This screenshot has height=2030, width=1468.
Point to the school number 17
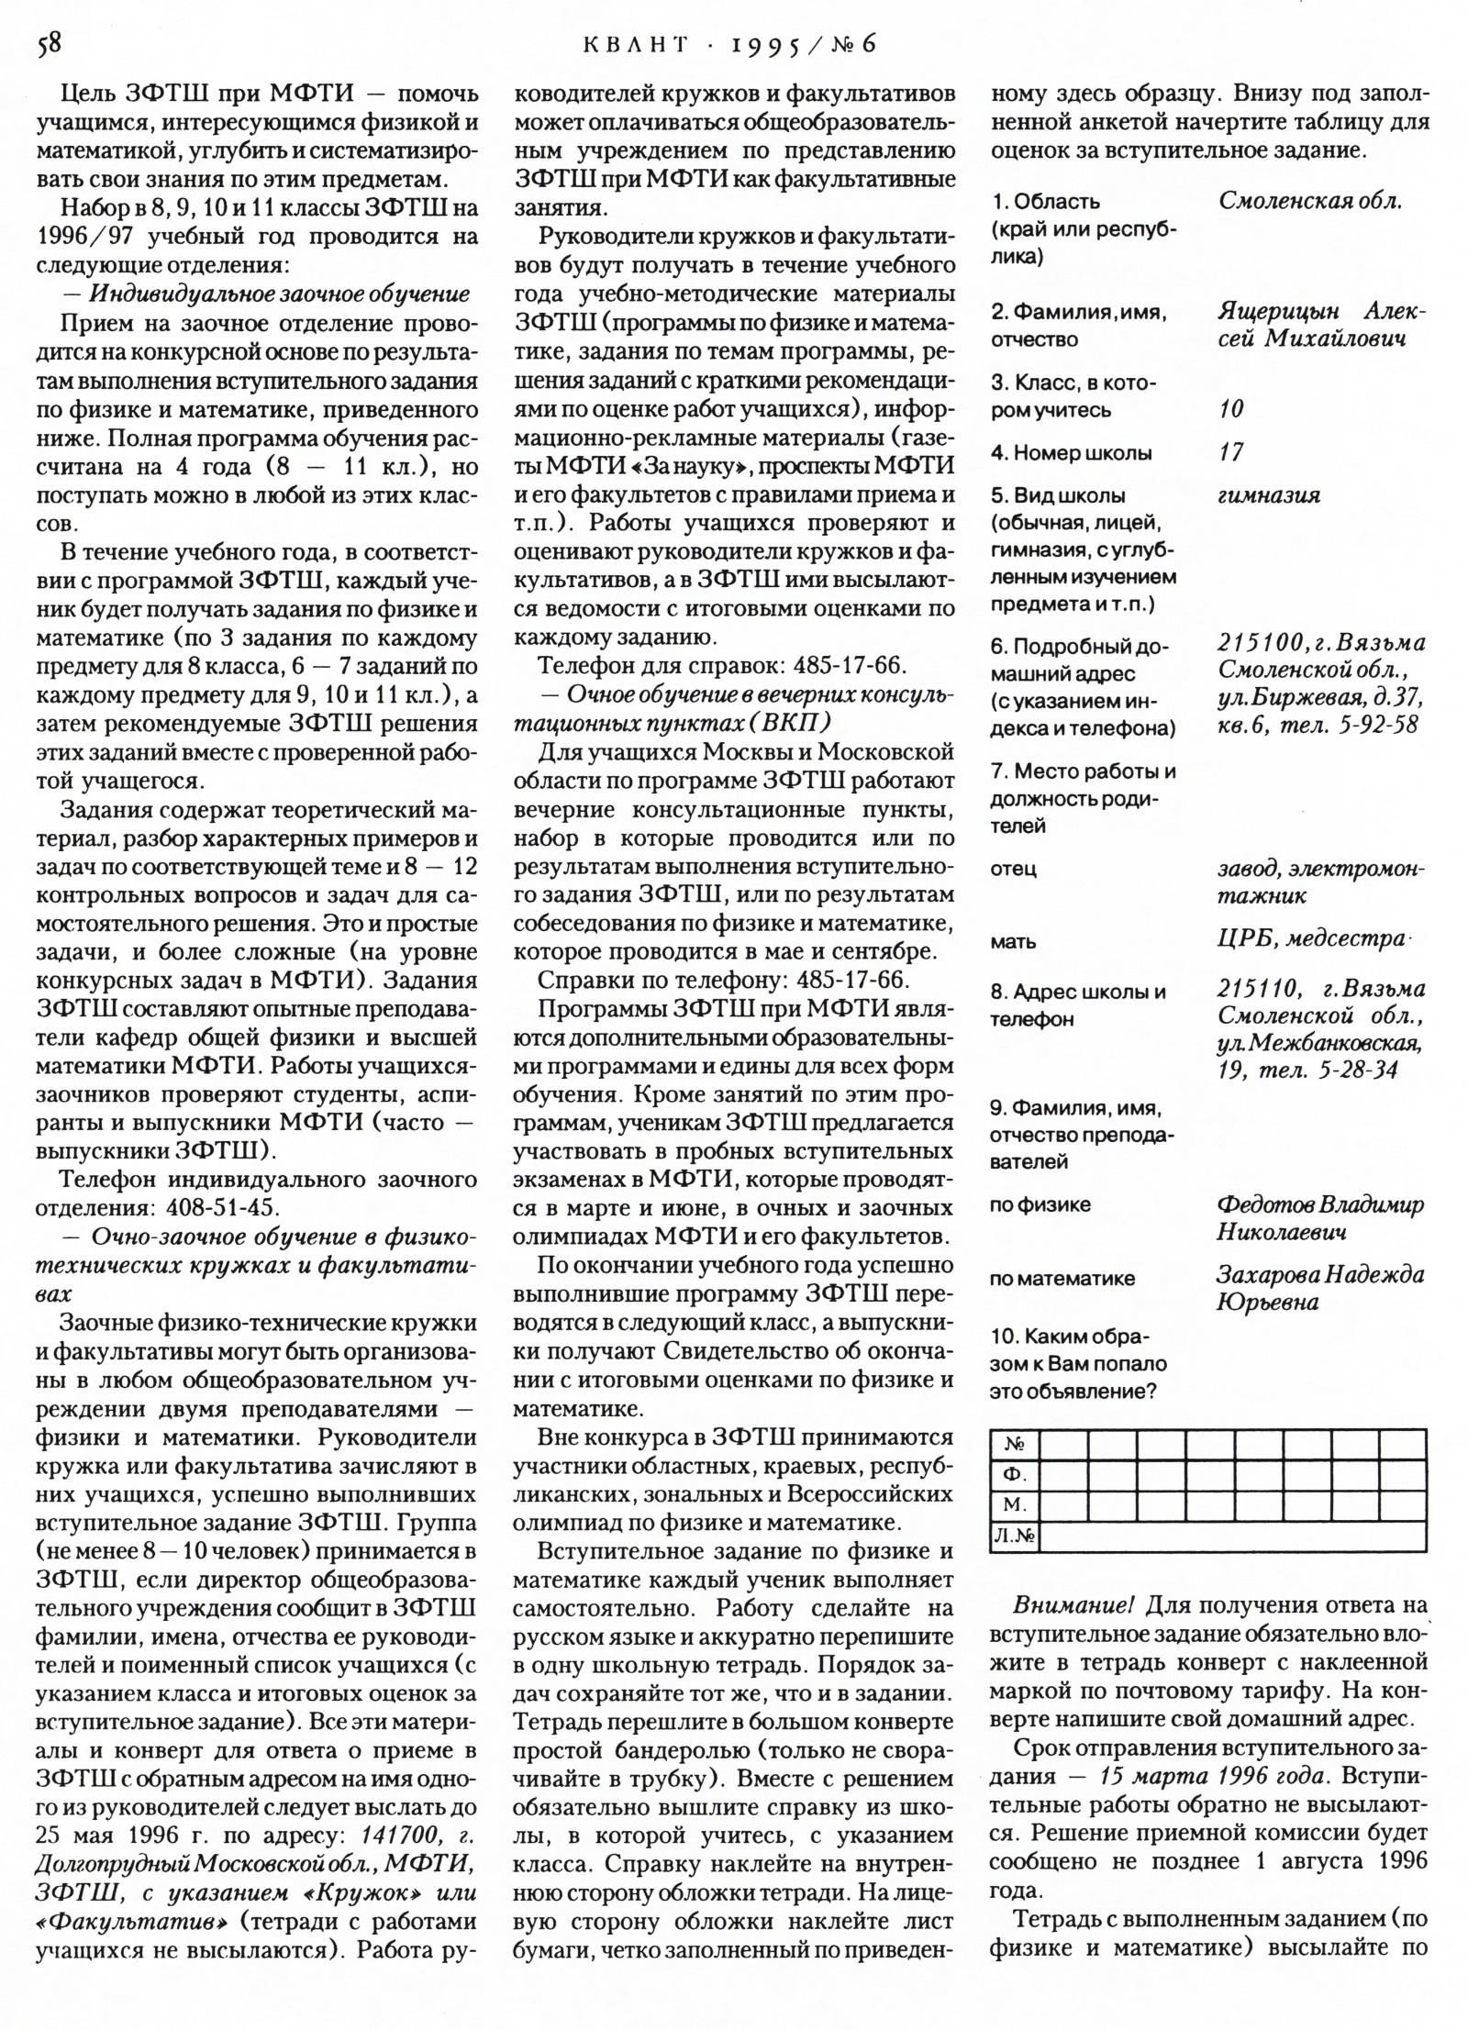[x=1230, y=452]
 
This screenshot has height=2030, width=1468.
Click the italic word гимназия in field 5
[x=1269, y=496]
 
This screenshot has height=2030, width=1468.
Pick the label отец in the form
[x=1013, y=868]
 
